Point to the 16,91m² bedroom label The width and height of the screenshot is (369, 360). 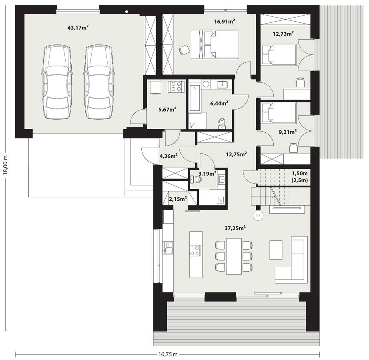pos(224,22)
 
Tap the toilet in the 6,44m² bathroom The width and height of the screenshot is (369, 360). pos(222,123)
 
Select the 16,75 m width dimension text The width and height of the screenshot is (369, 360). pos(167,354)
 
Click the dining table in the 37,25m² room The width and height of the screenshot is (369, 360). pos(234,256)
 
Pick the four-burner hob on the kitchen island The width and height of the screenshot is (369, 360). pos(195,251)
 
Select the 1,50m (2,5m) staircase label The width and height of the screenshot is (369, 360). pos(299,176)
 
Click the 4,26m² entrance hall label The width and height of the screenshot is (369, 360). pos(168,156)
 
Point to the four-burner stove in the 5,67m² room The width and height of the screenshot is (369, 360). pos(175,86)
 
